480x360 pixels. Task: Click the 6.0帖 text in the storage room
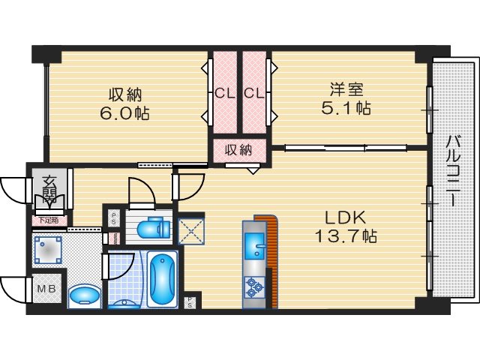[126, 113]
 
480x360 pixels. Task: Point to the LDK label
[344, 217]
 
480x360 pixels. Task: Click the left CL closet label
[223, 94]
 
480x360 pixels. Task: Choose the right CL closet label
[253, 94]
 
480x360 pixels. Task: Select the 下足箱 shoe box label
[48, 220]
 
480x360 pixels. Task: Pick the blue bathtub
[161, 280]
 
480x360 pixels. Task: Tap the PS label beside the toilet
[114, 218]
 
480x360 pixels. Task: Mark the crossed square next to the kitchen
[190, 231]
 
